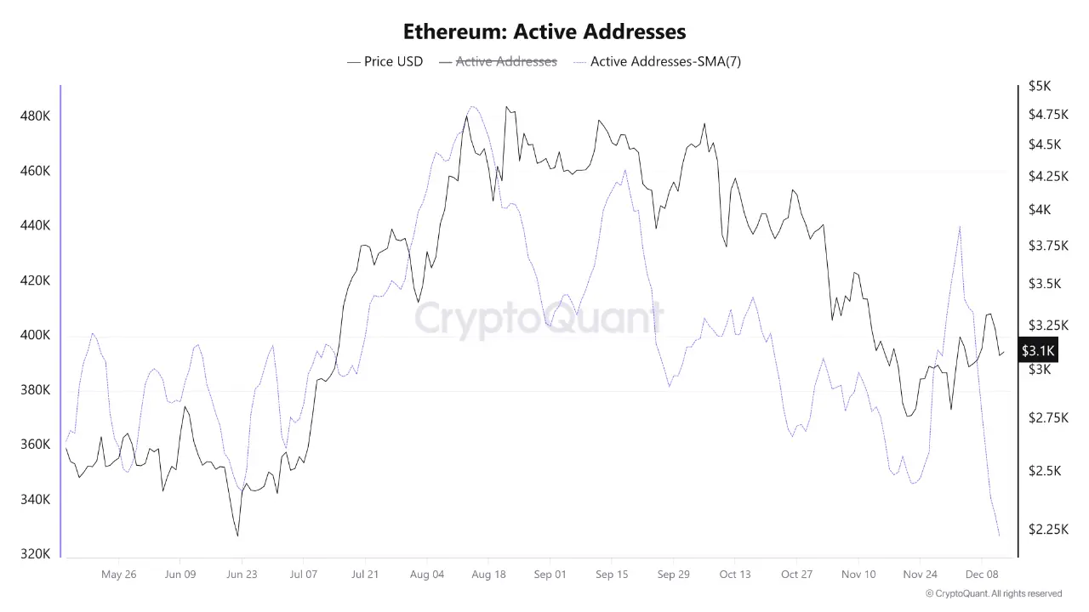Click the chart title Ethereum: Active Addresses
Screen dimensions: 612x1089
pyautogui.click(x=544, y=32)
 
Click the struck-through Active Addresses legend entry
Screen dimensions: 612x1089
pyautogui.click(x=506, y=61)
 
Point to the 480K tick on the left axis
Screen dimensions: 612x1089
pyautogui.click(x=35, y=116)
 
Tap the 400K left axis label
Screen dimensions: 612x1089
pyautogui.click(x=35, y=335)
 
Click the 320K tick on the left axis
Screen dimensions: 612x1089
pyautogui.click(x=35, y=554)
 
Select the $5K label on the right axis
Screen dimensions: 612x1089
pyautogui.click(x=1040, y=86)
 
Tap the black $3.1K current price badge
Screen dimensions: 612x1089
pyautogui.click(x=1038, y=350)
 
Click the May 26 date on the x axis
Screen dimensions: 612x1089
pyautogui.click(x=118, y=575)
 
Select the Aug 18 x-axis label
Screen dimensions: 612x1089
pyautogui.click(x=488, y=575)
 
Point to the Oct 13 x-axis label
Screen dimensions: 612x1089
pyautogui.click(x=735, y=575)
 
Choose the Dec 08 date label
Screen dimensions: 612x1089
pyautogui.click(x=982, y=575)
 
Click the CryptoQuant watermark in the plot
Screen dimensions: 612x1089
pyautogui.click(x=539, y=319)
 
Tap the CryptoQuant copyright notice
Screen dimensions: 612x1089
pyautogui.click(x=994, y=593)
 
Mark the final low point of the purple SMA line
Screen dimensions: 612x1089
pyautogui.click(x=999, y=535)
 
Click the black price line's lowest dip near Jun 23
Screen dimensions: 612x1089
pyautogui.click(x=237, y=535)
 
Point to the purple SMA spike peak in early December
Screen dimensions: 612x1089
pyautogui.click(x=960, y=227)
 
